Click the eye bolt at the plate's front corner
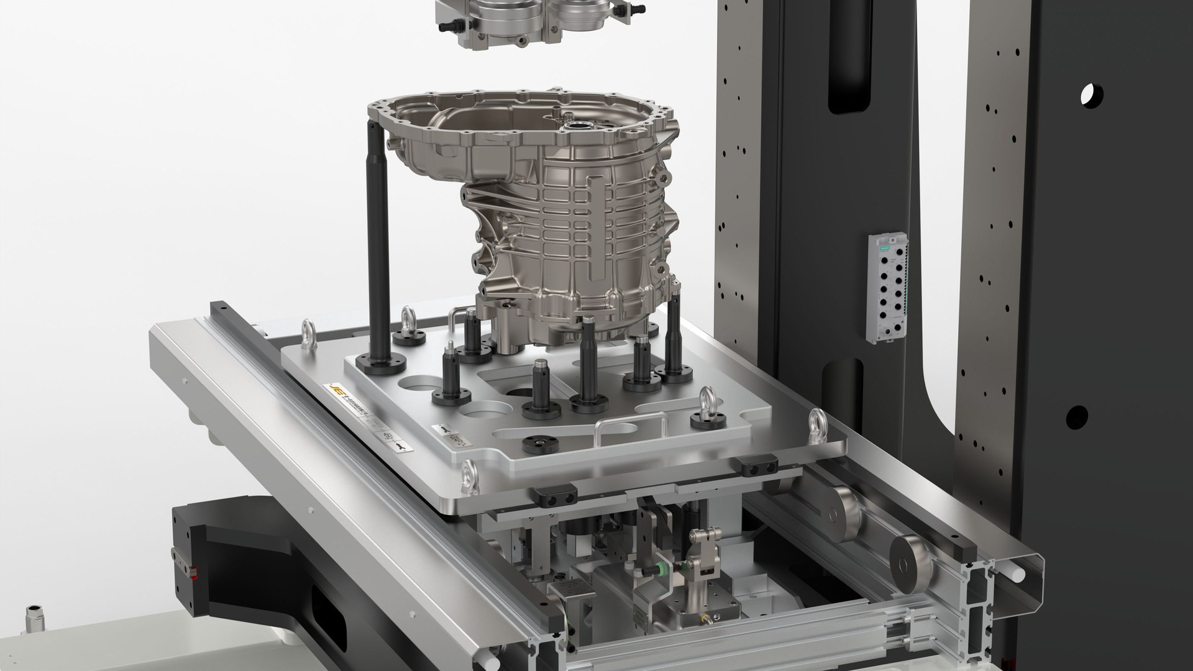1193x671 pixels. pos(470,475)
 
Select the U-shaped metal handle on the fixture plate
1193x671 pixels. pos(631,429)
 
